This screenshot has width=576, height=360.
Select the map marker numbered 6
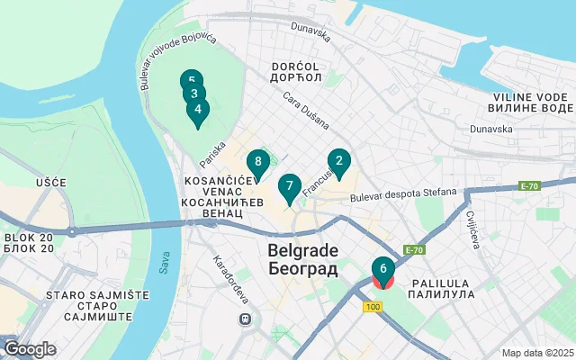[383, 269]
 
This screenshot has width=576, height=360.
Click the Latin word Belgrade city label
[302, 249]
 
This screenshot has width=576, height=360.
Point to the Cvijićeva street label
[472, 230]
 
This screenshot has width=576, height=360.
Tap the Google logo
[30, 349]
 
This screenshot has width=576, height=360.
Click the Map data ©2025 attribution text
[536, 353]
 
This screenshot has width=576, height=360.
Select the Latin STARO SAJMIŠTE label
[59, 294]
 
